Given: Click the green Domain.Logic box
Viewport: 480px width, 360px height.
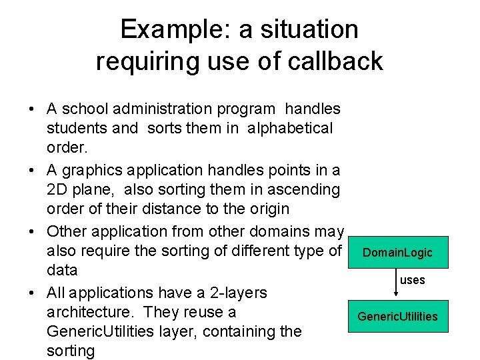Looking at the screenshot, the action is tap(397, 253).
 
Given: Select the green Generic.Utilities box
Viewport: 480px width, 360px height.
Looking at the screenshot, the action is tap(397, 316).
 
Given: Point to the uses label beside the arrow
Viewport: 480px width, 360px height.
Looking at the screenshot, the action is tap(412, 280).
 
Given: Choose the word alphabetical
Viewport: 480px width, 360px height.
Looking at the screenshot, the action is tap(289, 128).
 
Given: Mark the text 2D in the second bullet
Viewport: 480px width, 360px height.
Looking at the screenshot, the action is tap(57, 189).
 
